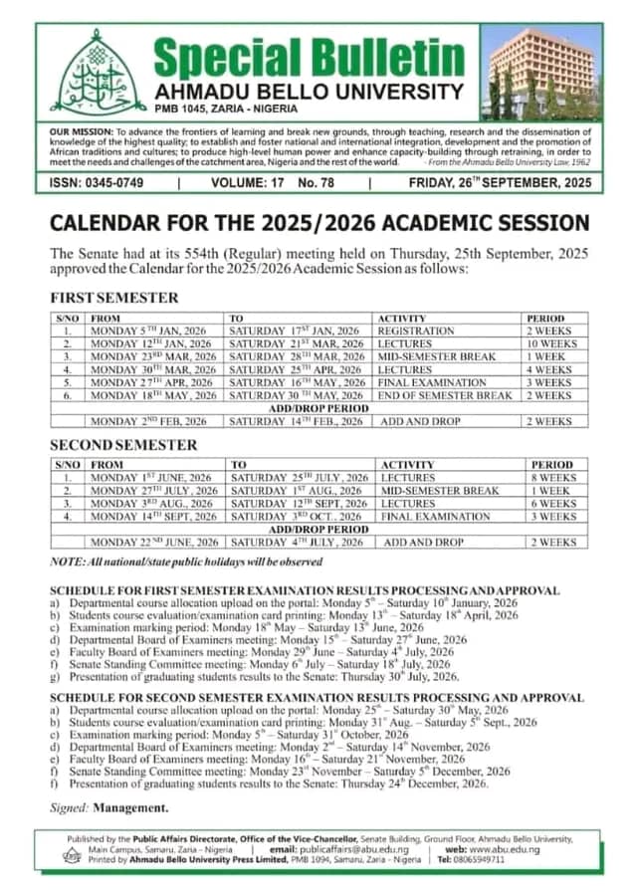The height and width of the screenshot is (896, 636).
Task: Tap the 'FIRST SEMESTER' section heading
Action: pos(114,297)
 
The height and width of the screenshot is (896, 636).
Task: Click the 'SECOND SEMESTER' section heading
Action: pos(123,444)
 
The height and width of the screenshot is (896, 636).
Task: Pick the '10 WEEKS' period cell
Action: pos(551,343)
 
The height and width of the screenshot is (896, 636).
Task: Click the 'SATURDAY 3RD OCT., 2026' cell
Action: pos(296,517)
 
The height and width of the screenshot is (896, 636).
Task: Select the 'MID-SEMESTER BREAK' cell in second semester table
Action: pos(440,491)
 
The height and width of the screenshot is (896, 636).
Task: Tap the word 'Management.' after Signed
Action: pos(136,807)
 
